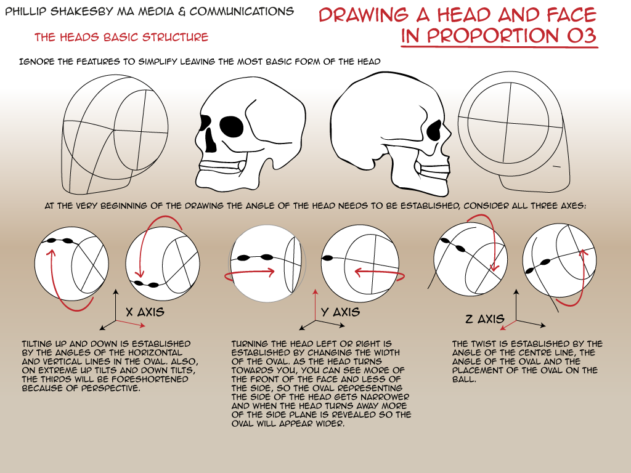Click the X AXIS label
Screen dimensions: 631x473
[x=145, y=312]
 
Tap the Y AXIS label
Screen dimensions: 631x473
[x=340, y=312]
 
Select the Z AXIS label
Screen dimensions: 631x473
[x=484, y=320]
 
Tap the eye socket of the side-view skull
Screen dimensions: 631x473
[x=434, y=131]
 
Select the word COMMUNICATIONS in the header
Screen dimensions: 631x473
[x=242, y=11]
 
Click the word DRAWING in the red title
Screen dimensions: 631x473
[x=364, y=15]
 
